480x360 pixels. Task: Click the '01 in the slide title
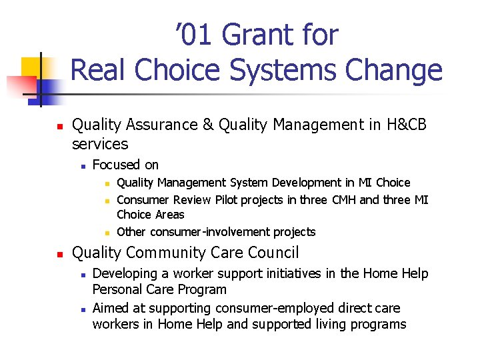pyautogui.click(x=197, y=35)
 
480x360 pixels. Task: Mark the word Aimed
pyautogui.click(x=109, y=308)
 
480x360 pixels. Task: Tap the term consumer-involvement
pyautogui.click(x=212, y=232)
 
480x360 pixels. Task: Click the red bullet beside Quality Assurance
pyautogui.click(x=59, y=125)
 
